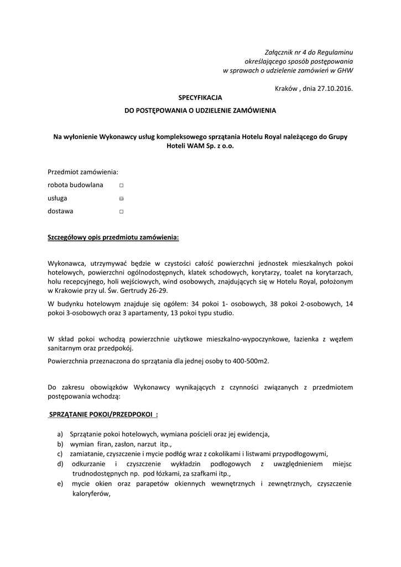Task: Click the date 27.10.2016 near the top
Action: [335, 88]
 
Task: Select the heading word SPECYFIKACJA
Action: [200, 97]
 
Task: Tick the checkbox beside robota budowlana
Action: [121, 185]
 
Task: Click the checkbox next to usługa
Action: [121, 198]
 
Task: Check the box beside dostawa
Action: [121, 212]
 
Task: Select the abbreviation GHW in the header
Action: [345, 70]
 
